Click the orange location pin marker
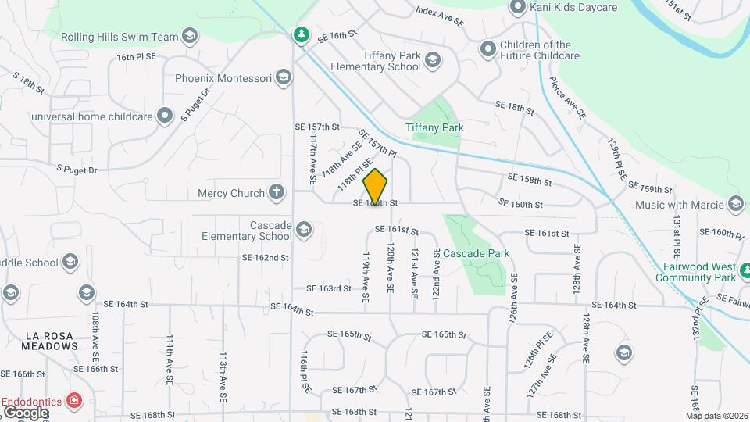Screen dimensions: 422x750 tap(376, 186)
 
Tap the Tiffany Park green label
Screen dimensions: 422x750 tap(434, 127)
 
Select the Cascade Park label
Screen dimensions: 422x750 tap(476, 253)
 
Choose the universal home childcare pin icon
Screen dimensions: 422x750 tap(165, 116)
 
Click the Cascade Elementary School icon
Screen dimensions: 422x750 tap(303, 230)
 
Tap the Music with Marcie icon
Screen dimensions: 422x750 tap(734, 205)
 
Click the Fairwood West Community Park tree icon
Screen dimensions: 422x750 tap(744, 271)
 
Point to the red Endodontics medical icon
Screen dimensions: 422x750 tap(75, 401)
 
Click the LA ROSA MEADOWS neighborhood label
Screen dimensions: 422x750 tap(49, 340)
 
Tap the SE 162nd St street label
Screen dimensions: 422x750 tap(265, 257)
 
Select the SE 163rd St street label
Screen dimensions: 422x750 tap(328, 288)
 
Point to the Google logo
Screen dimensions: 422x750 tap(25, 412)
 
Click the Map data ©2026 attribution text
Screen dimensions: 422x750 tap(716, 415)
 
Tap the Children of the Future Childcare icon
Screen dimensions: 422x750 tap(488, 50)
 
